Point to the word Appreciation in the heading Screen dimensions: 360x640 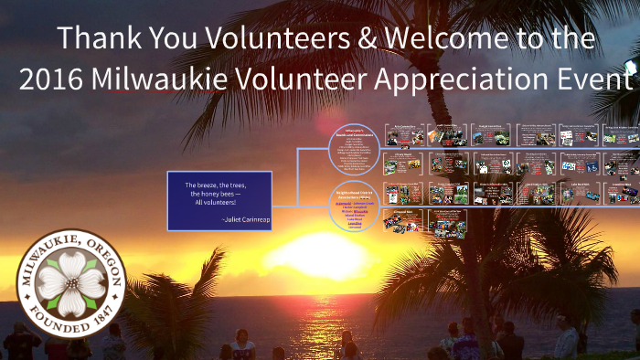click(454, 79)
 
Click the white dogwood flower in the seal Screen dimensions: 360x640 click(70, 281)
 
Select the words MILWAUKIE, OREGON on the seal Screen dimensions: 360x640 click(70, 245)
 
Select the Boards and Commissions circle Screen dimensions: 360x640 click(353, 147)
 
